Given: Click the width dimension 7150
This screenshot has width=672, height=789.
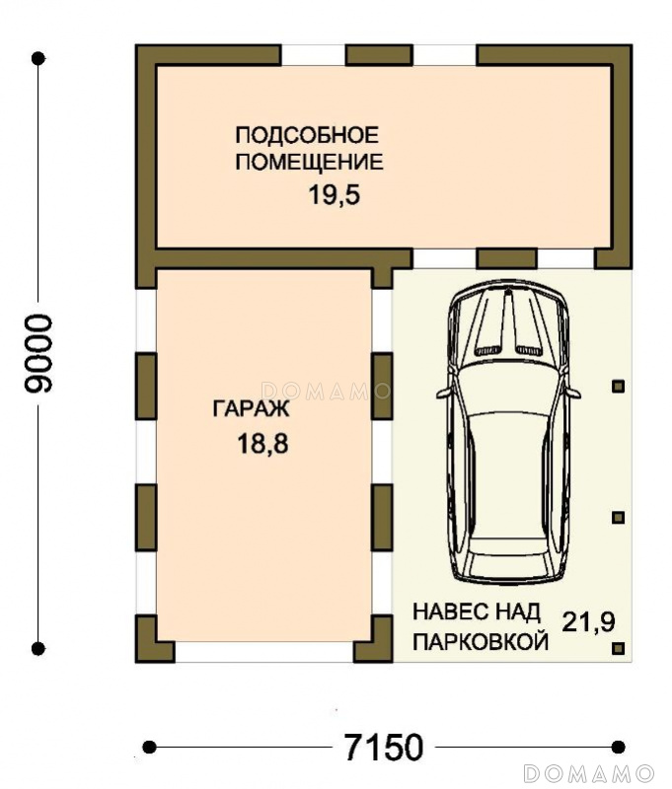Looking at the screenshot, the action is pos(384,748).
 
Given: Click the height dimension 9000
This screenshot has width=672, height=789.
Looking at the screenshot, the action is pos(38,353).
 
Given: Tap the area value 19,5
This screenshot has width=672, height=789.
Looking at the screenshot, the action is pos(335,194).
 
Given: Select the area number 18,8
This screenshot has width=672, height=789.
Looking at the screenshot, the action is pos(262,444).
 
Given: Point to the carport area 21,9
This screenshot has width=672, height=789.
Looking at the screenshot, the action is pos(588,622).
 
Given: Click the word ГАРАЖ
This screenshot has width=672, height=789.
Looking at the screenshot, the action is pos(252,408).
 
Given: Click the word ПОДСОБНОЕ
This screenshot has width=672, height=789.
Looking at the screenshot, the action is pos(307,135).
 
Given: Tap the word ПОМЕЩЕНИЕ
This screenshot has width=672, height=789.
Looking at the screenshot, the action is pos(310,162).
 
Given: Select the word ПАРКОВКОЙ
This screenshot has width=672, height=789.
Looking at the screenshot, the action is pos(481,642).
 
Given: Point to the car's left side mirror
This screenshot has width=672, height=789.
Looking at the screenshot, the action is pos(443,393).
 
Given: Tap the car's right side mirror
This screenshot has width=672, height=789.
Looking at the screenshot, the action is pos(573,393).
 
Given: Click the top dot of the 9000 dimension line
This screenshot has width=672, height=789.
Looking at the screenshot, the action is pos(38,58).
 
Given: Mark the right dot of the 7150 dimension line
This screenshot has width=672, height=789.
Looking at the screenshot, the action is pos(618,748).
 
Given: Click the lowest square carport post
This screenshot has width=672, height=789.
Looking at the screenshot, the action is pos(618,648).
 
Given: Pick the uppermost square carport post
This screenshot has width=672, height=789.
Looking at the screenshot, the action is pos(618,387).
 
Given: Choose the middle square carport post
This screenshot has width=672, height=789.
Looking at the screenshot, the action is pos(618,517).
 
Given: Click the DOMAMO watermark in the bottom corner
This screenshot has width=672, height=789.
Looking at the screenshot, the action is pos(589,772).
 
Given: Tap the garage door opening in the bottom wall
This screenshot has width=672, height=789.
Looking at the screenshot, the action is pos(264,652).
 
